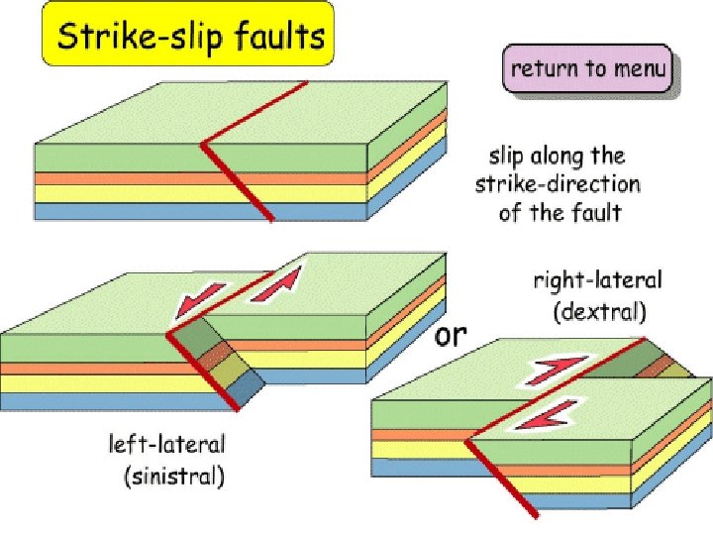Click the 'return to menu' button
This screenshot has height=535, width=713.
(x=589, y=70)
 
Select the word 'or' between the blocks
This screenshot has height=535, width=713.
(x=450, y=334)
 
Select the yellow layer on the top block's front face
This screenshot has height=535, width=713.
(x=119, y=194)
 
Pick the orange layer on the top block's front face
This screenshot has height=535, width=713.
(x=119, y=178)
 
